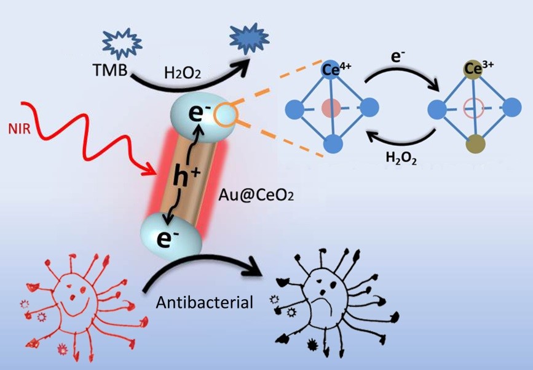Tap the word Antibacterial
coord(205,302)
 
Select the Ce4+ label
coord(336,70)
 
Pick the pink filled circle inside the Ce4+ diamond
coord(331,108)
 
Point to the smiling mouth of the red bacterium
coord(74,304)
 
